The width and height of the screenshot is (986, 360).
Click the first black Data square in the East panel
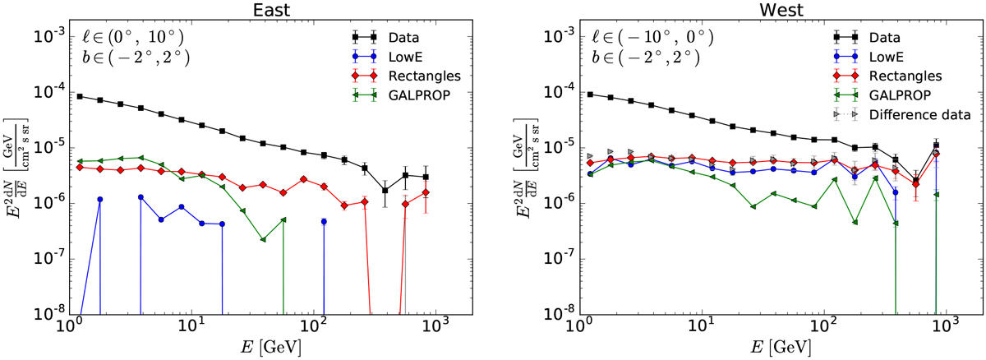(80, 96)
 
